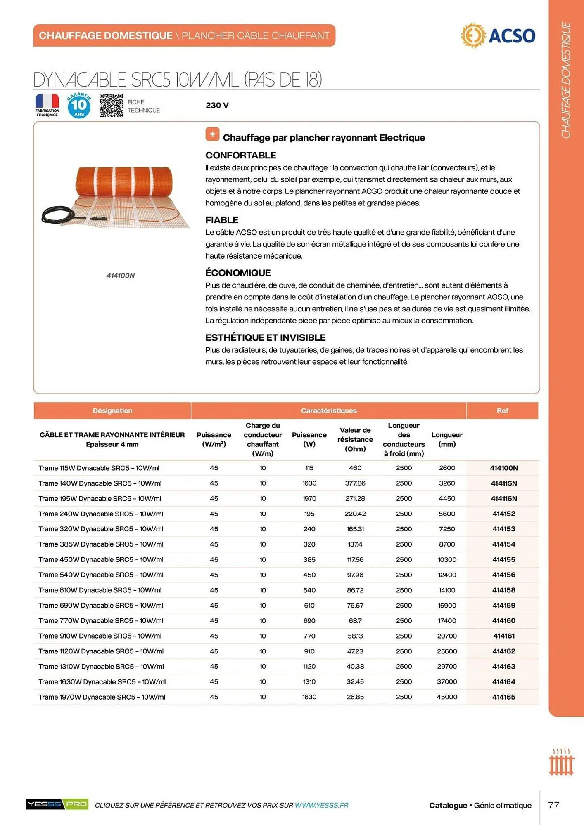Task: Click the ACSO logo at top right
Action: [498, 35]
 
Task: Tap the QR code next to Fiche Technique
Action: [111, 105]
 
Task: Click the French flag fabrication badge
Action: [47, 105]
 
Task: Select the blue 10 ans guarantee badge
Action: [79, 106]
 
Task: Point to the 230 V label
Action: [217, 105]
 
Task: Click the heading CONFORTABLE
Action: [240, 155]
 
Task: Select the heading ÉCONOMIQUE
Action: [238, 273]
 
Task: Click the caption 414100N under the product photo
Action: [120, 276]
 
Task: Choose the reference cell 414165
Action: [503, 697]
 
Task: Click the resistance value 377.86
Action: [355, 483]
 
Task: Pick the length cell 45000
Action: [447, 697]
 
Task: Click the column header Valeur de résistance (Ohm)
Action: [355, 439]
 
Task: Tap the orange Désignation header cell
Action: [112, 410]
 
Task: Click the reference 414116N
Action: [503, 498]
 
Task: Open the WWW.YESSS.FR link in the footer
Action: [321, 805]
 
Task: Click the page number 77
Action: [553, 805]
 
